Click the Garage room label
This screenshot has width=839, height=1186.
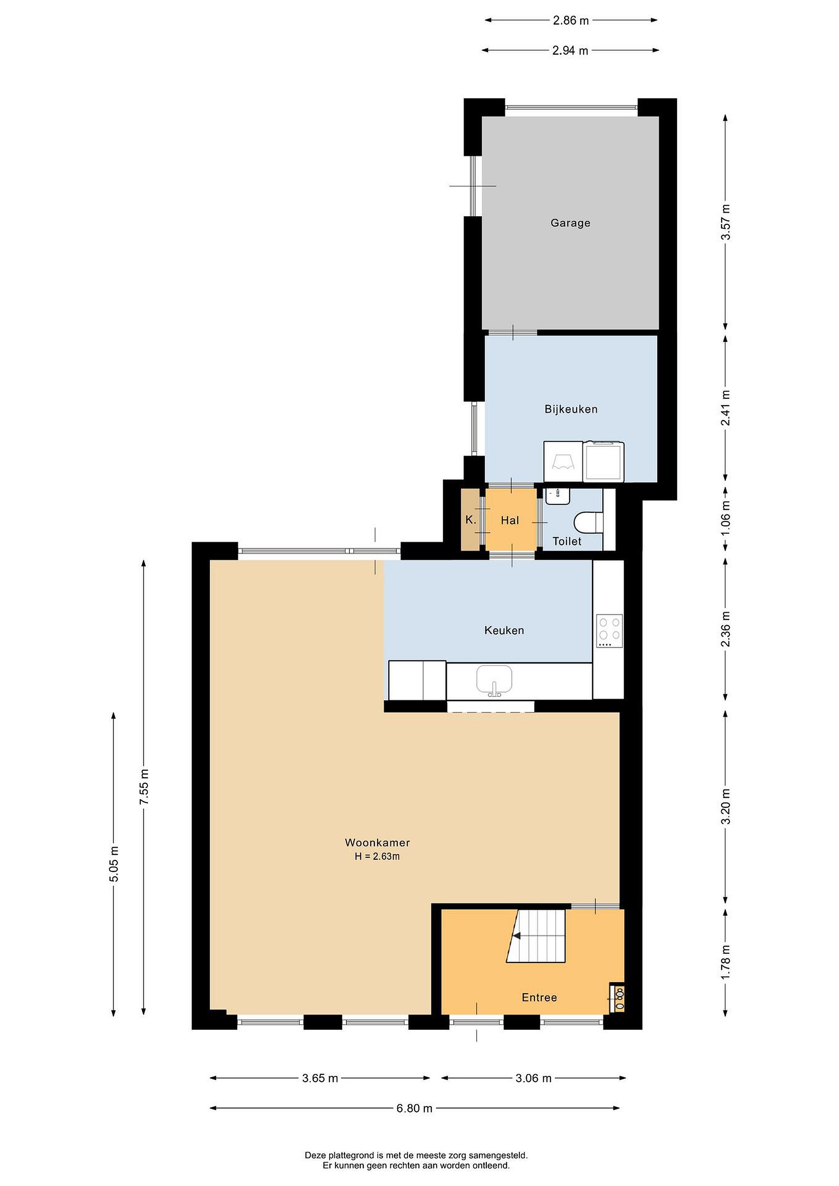pyautogui.click(x=570, y=223)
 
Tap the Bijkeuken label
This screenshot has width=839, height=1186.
pyautogui.click(x=571, y=409)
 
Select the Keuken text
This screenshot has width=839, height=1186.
pyautogui.click(x=504, y=630)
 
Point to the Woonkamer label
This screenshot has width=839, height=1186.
pyautogui.click(x=377, y=843)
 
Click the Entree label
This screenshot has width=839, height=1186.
pyautogui.click(x=540, y=997)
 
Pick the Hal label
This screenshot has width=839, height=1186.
pyautogui.click(x=510, y=520)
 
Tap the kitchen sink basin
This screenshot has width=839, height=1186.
pyautogui.click(x=494, y=680)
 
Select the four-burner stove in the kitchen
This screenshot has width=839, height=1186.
pyautogui.click(x=610, y=631)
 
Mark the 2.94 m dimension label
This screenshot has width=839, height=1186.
pyautogui.click(x=570, y=51)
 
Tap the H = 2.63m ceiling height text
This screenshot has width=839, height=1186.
pyautogui.click(x=377, y=857)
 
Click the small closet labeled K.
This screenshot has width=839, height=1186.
pyautogui.click(x=470, y=520)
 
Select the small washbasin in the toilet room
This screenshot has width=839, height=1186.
pyautogui.click(x=557, y=495)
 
